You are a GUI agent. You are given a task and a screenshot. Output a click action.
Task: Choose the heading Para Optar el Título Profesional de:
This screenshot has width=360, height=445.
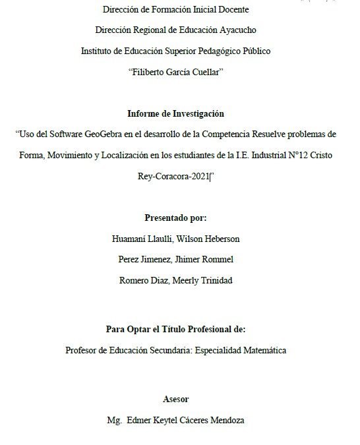point(179,329)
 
